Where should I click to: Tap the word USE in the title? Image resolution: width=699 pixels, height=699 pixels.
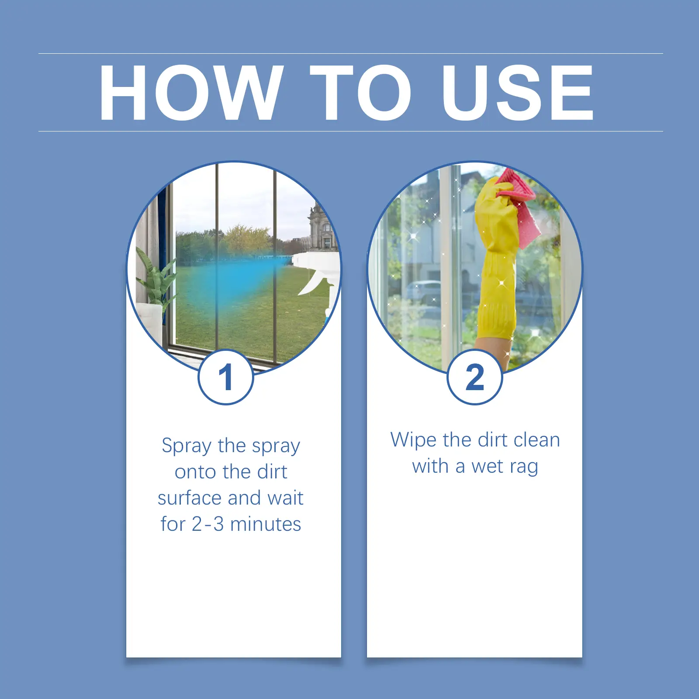coord(517,93)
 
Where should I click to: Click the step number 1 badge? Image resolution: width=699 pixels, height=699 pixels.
coord(226,377)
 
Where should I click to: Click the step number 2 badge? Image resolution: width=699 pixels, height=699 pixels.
coord(475,377)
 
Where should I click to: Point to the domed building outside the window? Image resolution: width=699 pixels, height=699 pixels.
coord(321,227)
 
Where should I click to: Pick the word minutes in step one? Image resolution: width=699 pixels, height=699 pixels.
coord(266,524)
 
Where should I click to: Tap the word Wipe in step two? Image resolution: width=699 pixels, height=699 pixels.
coord(413,440)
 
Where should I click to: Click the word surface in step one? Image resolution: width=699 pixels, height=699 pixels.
coord(190,498)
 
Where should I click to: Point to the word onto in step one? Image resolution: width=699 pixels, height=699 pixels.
coord(196,472)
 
